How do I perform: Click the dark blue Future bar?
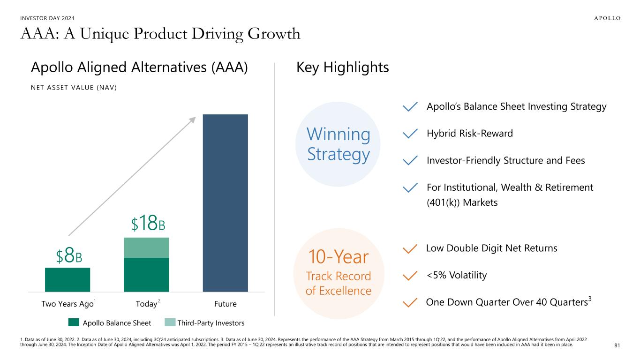tap(225, 202)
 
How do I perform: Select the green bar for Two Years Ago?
tap(68, 279)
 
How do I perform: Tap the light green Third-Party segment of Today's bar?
tap(146, 247)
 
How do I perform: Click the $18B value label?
tap(148, 224)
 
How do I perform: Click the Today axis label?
tap(146, 304)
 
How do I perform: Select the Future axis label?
tap(225, 304)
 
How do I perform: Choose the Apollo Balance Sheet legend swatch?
tap(74, 322)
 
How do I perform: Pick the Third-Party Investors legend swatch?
tap(170, 322)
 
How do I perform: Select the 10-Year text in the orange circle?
tap(338, 257)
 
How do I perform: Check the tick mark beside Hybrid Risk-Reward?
tap(410, 134)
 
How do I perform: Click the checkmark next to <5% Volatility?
tap(410, 276)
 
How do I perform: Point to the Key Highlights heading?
tap(342, 67)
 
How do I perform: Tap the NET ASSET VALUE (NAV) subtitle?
tap(74, 88)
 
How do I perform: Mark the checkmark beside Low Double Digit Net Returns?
tap(410, 248)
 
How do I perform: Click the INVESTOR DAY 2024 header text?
tap(47, 18)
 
